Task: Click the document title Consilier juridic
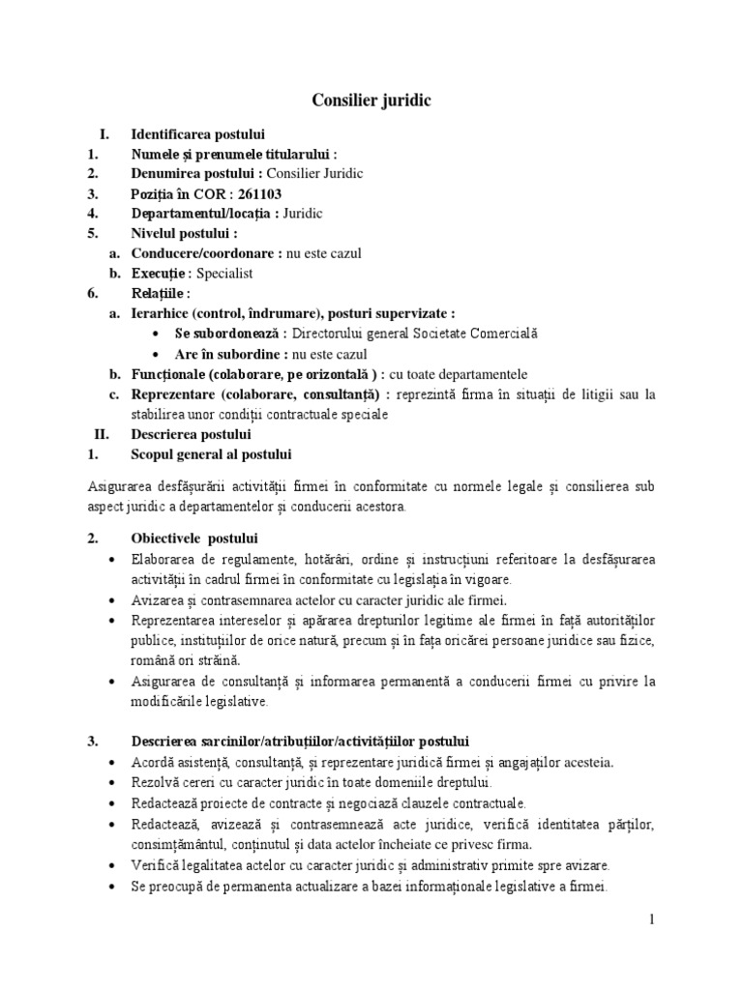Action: tap(371, 100)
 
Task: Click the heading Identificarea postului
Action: tap(197, 134)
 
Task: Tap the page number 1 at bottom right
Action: tap(652, 919)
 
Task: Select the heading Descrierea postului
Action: tap(191, 434)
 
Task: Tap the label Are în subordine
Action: tap(216, 354)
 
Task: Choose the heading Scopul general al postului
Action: tap(210, 454)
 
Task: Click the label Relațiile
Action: tap(161, 294)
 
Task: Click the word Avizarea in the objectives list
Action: tap(159, 599)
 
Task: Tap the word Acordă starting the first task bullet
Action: tap(152, 762)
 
